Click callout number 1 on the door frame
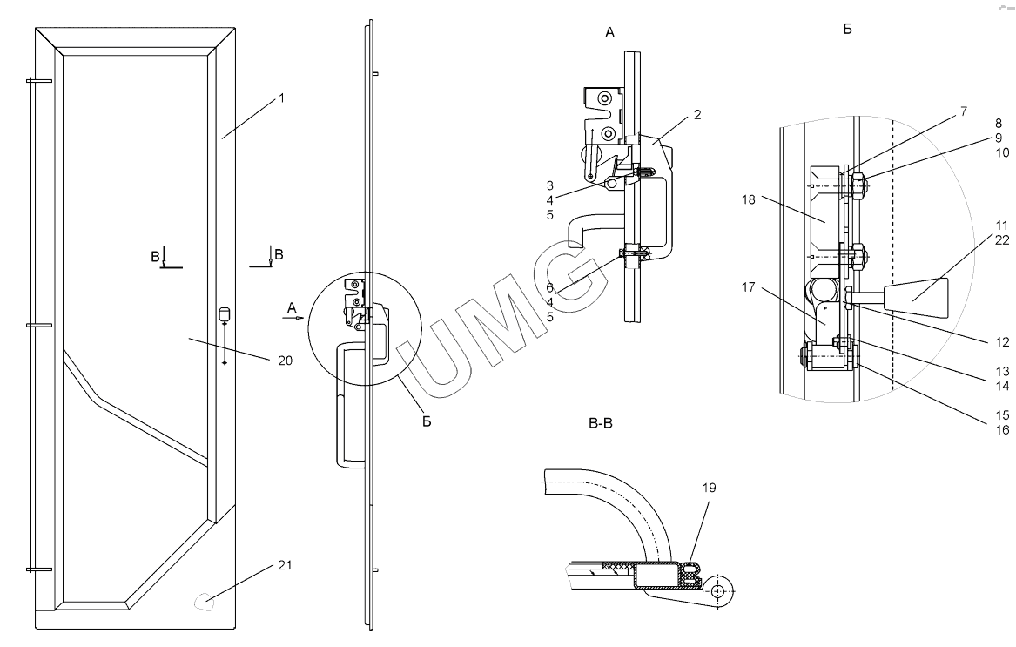(x=281, y=99)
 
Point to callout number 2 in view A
(x=697, y=114)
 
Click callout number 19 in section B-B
(x=710, y=489)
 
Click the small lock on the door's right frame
(x=224, y=313)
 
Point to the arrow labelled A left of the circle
(x=292, y=318)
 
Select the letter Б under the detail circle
(x=426, y=423)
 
